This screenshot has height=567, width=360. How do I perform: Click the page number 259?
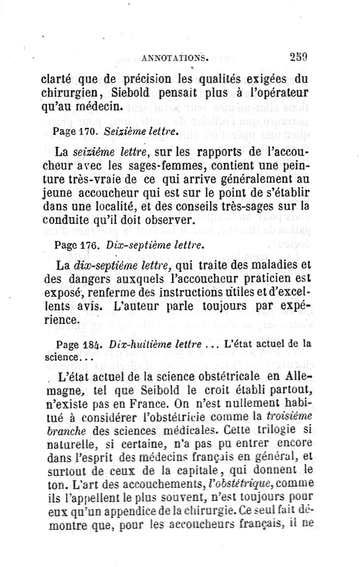tap(299, 57)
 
